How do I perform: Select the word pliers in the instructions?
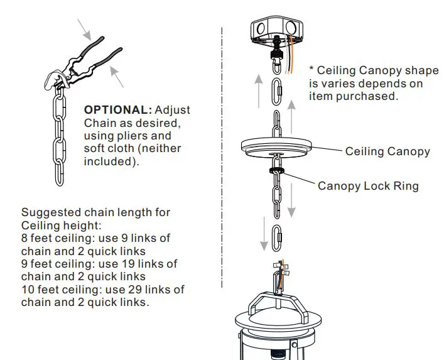(150, 135)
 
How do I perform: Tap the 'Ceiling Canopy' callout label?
(387, 151)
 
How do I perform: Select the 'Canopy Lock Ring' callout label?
(368, 186)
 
